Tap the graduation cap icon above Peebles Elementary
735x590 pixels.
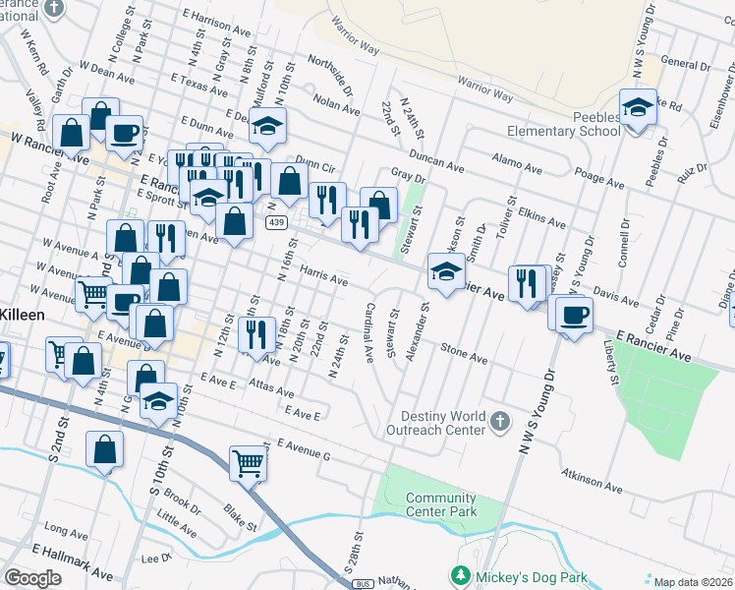[x=638, y=106]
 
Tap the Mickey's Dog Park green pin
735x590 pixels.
[x=459, y=575]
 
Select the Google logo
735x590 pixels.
[x=32, y=578]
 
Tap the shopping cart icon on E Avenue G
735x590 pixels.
[x=248, y=462]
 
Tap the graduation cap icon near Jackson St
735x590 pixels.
[x=447, y=270]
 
